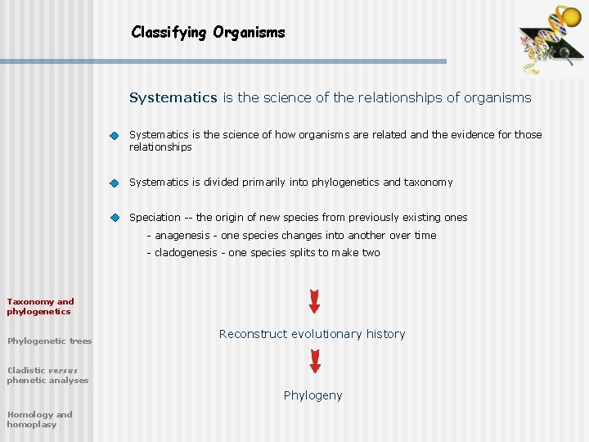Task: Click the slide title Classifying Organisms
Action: (208, 33)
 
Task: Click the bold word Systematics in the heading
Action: (173, 98)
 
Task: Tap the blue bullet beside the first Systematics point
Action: (115, 136)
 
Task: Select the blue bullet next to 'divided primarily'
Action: (115, 183)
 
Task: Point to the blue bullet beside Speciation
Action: (115, 219)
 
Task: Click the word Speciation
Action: (155, 218)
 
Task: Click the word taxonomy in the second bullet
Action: (428, 183)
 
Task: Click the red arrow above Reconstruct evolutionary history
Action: (314, 300)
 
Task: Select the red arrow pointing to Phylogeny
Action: (314, 361)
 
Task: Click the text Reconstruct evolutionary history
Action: (312, 334)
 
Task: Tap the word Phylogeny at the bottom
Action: (312, 395)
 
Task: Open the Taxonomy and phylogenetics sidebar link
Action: (40, 306)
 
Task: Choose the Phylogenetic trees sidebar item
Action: (49, 341)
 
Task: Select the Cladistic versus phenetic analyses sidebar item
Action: (47, 375)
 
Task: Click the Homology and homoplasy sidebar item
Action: (39, 419)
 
